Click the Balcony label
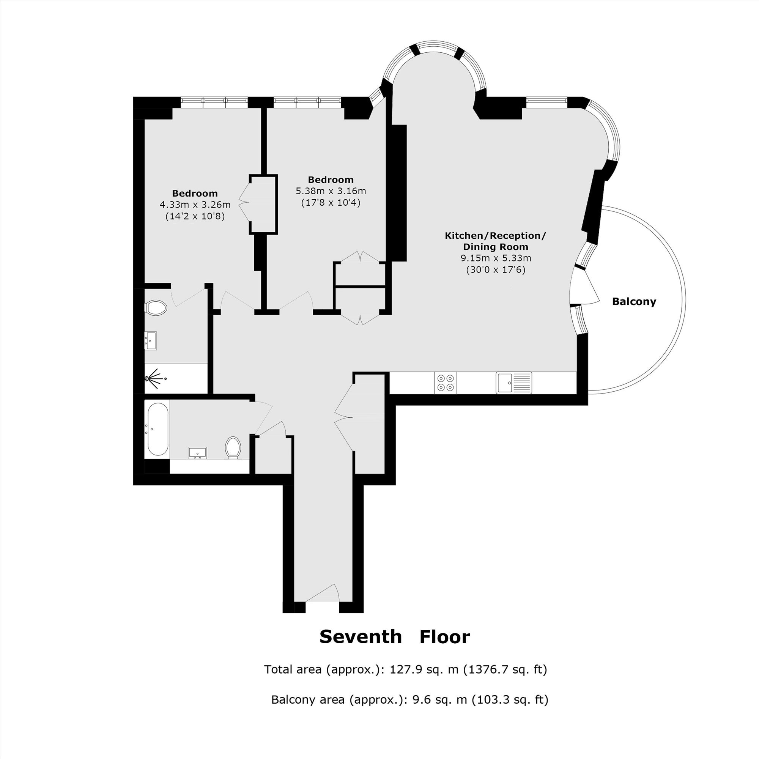[634, 302]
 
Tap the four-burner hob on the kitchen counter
[446, 383]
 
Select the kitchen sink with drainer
[514, 383]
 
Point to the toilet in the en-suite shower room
[156, 308]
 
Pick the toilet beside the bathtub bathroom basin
[233, 447]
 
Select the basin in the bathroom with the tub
[198, 453]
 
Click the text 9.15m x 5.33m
[496, 258]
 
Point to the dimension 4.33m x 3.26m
[195, 205]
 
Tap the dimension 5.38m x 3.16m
[331, 191]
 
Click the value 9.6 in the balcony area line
[420, 699]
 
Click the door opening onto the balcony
[584, 286]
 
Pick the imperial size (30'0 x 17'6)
[496, 270]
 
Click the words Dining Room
[496, 247]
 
